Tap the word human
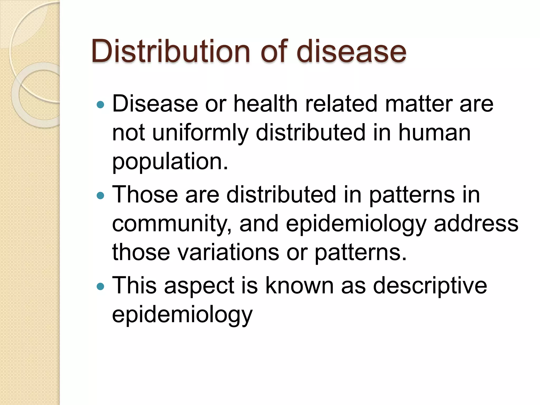pyautogui.click(x=434, y=132)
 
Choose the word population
pyautogui.click(x=170, y=161)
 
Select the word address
pyautogui.click(x=476, y=224)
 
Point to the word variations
pyautogui.click(x=228, y=252)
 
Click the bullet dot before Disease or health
pyautogui.click(x=100, y=105)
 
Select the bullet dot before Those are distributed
pyautogui.click(x=100, y=195)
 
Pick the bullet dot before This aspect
pyautogui.click(x=100, y=286)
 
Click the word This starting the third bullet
pyautogui.click(x=134, y=285)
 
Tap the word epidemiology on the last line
pyautogui.click(x=182, y=315)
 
